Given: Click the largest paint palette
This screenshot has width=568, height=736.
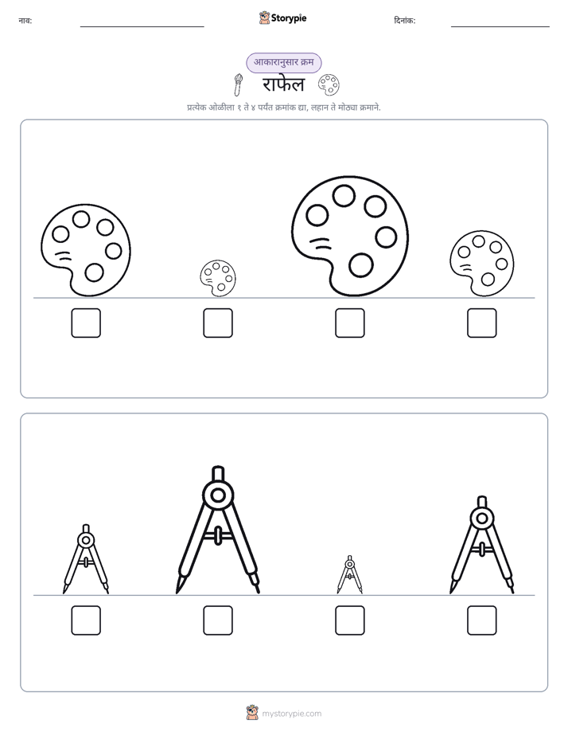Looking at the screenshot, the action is point(349,236).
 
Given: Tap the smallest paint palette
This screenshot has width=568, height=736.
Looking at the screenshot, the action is point(217,278).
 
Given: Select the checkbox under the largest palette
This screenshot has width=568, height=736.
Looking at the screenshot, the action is point(349,323).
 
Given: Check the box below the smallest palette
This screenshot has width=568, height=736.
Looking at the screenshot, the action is point(218,323).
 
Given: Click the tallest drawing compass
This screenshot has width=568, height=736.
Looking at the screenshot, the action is point(218,530).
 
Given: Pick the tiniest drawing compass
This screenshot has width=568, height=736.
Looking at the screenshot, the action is point(349,574).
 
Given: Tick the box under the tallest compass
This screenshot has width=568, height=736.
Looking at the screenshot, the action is point(218,620).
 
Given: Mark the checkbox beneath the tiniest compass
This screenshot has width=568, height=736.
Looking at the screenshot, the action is point(349,620).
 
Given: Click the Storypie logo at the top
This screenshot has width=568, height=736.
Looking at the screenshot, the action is point(283,18).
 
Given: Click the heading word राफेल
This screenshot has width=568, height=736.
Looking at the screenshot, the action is point(283,85).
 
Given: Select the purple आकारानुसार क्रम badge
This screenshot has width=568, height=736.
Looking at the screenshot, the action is point(283,62).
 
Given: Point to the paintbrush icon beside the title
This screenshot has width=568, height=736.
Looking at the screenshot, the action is point(238,84).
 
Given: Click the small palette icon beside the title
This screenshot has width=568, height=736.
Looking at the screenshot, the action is point(329,84).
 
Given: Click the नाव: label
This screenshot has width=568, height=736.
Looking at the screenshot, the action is point(25,21).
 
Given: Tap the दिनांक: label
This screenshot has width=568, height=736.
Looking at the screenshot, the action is point(404,21).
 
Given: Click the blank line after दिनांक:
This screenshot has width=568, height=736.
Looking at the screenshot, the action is point(500,27).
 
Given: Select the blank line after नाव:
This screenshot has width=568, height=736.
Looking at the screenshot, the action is point(142,27).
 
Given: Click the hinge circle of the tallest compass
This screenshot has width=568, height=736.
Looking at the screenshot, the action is point(218,495).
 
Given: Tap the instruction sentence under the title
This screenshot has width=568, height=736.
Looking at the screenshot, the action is point(283,108).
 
